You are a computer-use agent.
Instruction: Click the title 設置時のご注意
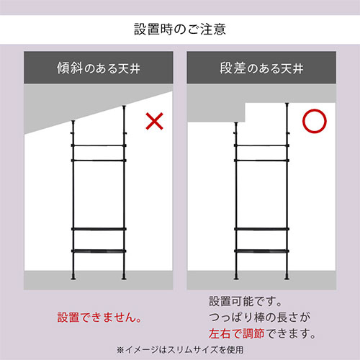coord(180,30)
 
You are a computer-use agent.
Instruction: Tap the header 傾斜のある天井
coord(99,68)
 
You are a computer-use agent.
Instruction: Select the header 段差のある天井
coord(261,68)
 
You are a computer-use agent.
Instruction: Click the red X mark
coord(155,121)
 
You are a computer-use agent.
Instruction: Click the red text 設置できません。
coord(99,318)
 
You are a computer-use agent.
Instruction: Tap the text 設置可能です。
coord(246,301)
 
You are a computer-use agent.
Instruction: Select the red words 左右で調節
coord(236,333)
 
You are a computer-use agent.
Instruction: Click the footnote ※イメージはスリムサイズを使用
coord(180,350)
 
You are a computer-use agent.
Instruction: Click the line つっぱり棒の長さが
coord(260,318)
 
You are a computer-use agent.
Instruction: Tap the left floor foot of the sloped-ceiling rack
coord(73,277)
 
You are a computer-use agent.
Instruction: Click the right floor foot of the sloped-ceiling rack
coord(124,277)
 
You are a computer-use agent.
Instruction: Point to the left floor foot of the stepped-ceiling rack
coord(236,277)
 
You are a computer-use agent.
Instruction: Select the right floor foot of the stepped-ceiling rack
coord(287,277)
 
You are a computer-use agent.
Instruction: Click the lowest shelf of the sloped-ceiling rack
coord(99,251)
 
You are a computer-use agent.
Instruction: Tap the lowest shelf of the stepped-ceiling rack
coord(261,251)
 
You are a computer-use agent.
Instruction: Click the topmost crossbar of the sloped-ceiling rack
coord(99,145)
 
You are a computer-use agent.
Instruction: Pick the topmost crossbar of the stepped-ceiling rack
coord(261,145)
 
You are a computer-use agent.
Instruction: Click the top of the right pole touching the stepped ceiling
coord(287,104)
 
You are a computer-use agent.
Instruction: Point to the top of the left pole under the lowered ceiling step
coord(236,123)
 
